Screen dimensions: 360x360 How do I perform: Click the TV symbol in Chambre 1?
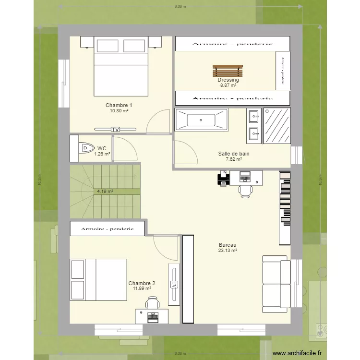[x=115, y=129]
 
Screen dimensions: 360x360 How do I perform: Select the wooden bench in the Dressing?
[x=228, y=71]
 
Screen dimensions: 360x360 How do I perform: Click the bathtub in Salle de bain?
[x=201, y=120]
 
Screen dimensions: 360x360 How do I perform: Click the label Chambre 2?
[x=142, y=283]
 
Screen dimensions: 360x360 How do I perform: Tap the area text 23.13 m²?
[x=228, y=251]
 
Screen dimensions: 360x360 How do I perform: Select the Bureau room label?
[x=228, y=245]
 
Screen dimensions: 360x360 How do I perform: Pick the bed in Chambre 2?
[x=98, y=279]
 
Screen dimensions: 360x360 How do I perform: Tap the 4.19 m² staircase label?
[x=105, y=191]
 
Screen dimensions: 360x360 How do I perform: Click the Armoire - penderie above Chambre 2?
[x=107, y=229]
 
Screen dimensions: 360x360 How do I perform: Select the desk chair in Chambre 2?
[x=153, y=303]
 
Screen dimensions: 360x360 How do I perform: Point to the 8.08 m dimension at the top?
[x=180, y=6]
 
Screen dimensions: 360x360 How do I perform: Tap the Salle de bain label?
[x=234, y=154]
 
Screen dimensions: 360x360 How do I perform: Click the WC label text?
[x=102, y=148]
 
